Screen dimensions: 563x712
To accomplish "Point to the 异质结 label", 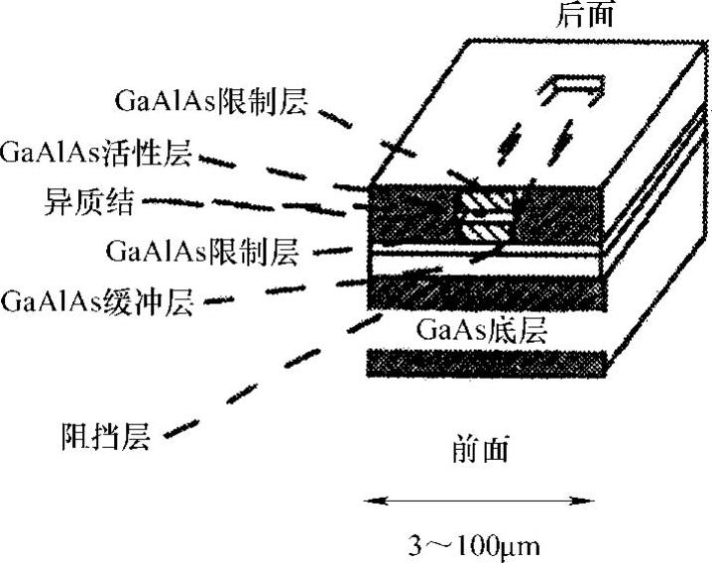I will (75, 202).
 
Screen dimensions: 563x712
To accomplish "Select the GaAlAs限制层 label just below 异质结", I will (201, 250).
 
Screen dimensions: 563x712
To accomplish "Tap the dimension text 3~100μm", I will (476, 545).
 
